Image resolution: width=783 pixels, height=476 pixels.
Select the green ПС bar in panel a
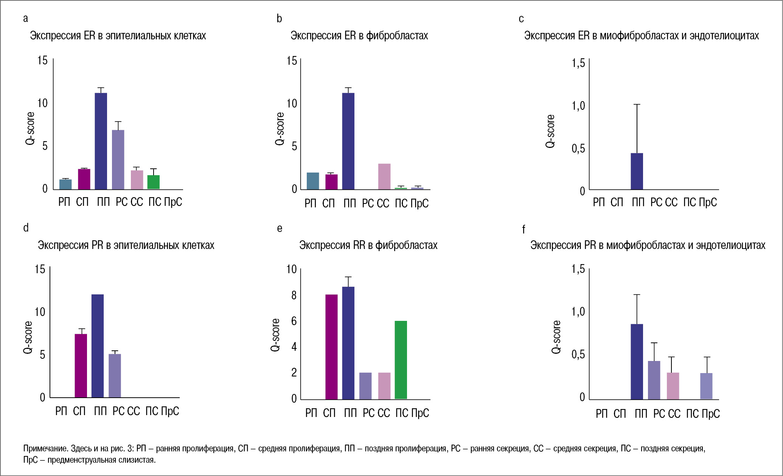154,182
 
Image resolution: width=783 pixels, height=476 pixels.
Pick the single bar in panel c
637,171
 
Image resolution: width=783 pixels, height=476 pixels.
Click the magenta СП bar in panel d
81,366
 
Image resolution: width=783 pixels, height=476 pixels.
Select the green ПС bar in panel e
401,360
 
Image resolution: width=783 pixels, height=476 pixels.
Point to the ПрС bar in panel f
706,386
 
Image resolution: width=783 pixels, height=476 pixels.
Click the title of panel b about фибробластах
359,36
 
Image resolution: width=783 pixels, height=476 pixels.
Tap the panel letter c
521,19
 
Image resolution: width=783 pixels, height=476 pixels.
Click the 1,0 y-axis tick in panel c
578,106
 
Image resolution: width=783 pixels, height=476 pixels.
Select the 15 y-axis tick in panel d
40,269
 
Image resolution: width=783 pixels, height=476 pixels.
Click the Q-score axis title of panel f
556,337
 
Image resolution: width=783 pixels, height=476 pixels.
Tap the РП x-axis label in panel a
64,202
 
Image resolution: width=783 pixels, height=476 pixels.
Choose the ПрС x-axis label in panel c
708,202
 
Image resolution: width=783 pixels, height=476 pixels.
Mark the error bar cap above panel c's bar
637,104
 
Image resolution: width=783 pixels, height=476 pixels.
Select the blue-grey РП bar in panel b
313,181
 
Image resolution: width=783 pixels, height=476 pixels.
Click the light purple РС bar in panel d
115,375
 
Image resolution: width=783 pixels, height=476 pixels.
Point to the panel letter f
524,229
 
